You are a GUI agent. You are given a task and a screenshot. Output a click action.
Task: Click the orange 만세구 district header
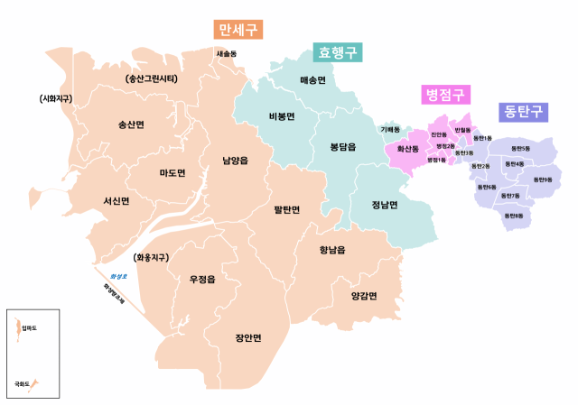coord(238,30)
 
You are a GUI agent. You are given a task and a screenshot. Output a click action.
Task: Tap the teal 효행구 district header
coord(337,52)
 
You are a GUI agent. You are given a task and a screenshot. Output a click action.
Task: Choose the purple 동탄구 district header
coord(524,112)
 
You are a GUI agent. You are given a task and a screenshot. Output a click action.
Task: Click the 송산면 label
coord(131,124)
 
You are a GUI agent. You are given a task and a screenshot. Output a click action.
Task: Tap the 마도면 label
coord(172,172)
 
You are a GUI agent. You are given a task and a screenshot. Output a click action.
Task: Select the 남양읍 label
coord(235,161)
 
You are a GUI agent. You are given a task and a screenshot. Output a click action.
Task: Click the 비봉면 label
coord(282,116)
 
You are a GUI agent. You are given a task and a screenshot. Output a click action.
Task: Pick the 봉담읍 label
coord(343,146)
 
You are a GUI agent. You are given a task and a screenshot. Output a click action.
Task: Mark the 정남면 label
coord(385,203)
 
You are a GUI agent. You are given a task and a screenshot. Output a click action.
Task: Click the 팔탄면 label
coord(286,209)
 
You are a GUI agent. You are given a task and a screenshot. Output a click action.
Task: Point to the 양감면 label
coord(364,295)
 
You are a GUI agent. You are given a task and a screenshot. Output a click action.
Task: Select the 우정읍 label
coord(202,280)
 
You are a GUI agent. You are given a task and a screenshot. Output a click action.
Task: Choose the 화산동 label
coord(408,148)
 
